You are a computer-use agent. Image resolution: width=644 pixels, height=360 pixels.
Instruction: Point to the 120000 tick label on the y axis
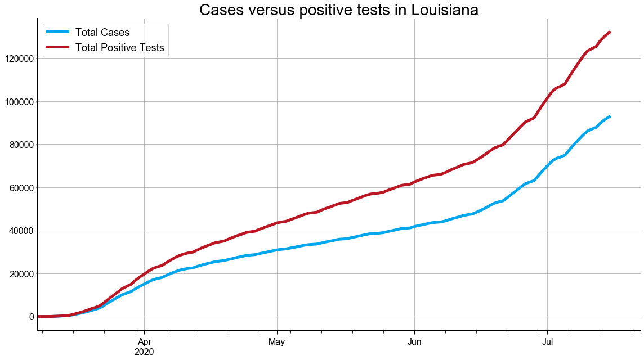[x=16, y=58]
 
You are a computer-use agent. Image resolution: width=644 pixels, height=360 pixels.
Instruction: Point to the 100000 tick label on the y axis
[x=16, y=102]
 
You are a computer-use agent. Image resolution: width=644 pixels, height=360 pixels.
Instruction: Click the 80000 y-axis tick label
[x=19, y=145]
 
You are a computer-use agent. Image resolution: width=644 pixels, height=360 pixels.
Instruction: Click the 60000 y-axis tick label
[x=19, y=188]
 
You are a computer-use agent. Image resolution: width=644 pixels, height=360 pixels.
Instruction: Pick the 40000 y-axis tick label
[x=19, y=231]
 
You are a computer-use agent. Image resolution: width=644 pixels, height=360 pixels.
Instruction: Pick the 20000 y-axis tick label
[x=19, y=274]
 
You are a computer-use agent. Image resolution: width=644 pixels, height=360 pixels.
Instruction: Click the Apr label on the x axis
[x=145, y=341]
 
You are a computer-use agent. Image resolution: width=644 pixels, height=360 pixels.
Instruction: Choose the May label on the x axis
[x=277, y=341]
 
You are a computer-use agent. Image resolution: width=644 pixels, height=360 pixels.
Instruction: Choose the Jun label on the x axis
[x=414, y=341]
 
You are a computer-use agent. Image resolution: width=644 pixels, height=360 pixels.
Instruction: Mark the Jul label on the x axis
[x=547, y=341]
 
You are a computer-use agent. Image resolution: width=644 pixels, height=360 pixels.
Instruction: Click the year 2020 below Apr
[x=145, y=352]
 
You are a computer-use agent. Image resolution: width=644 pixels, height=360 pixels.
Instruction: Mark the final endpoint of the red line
[x=610, y=32]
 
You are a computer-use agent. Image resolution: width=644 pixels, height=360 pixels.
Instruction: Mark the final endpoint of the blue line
[x=610, y=116]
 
